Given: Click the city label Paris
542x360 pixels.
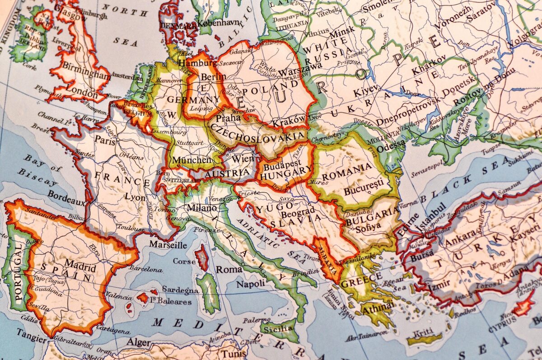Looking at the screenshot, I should point(105,140).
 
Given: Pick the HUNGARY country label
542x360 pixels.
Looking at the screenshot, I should point(286,170).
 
